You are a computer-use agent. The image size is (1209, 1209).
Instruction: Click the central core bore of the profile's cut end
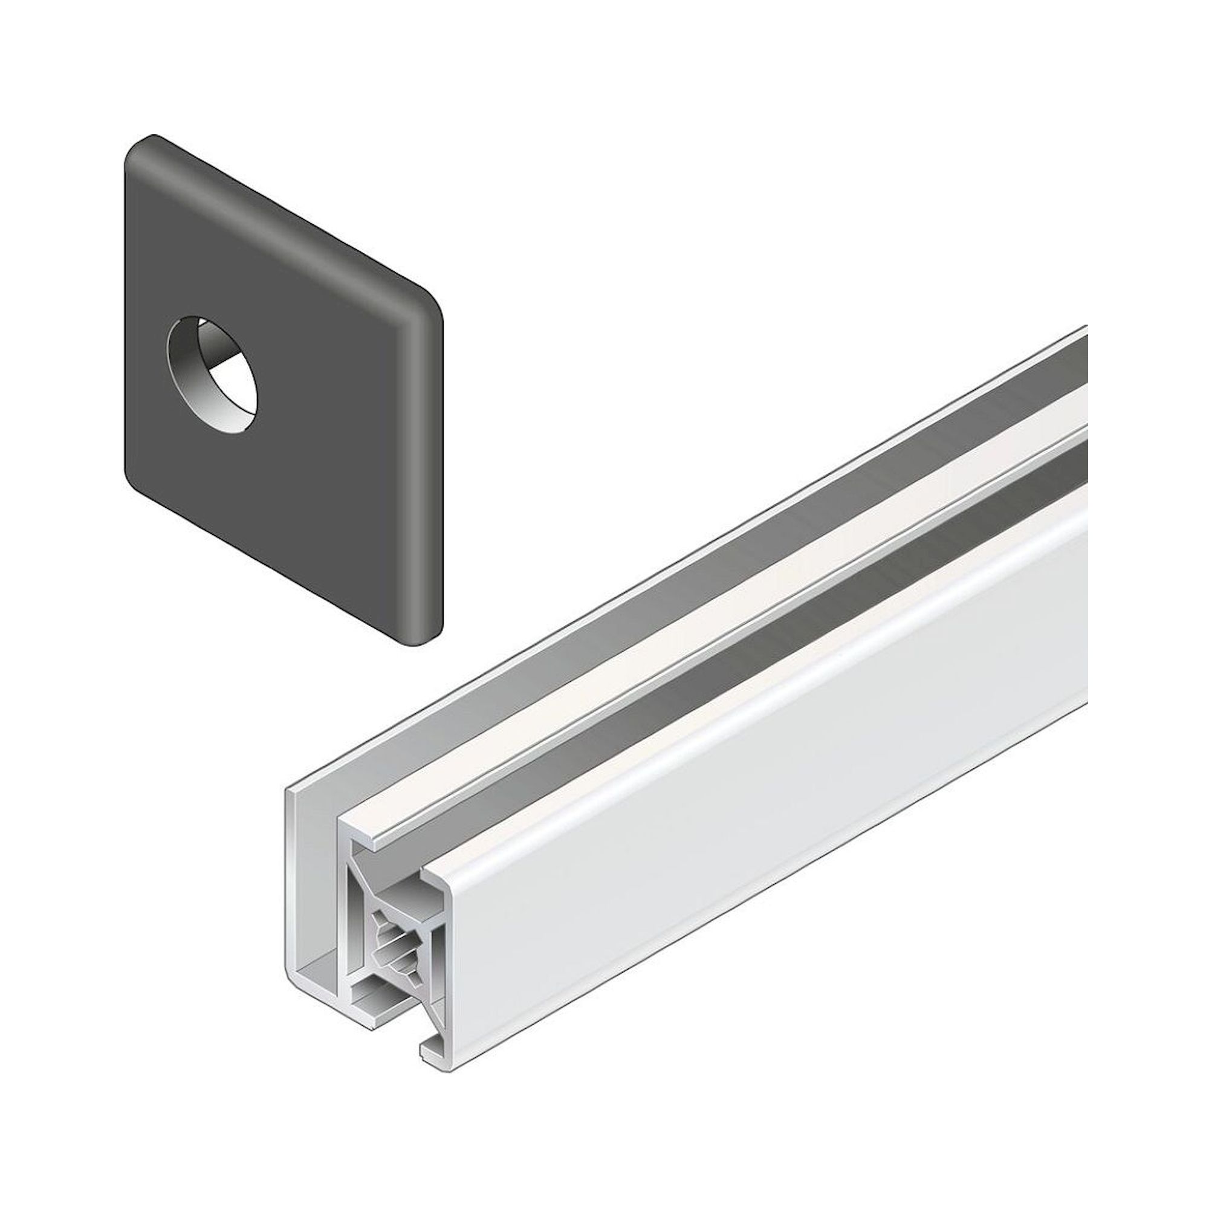click(397, 945)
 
